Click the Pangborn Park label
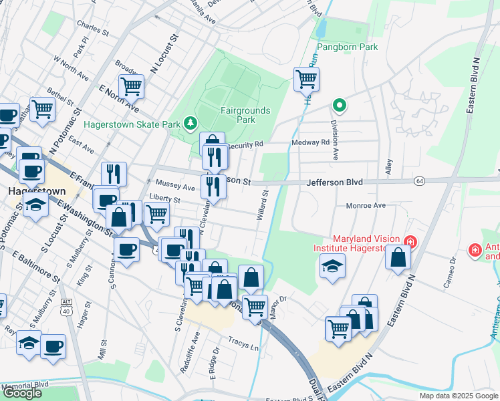pos(347,47)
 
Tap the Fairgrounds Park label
pos(246,115)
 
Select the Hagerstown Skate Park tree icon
pos(192,123)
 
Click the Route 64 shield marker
pos(419,181)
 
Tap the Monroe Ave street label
pos(366,206)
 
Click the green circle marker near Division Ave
pos(340,105)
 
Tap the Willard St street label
pos(262,205)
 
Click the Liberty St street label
pos(165,199)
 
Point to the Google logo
pos(22,393)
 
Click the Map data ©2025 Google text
pos(459,396)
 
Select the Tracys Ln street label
pos(243,346)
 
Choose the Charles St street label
pos(92,30)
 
